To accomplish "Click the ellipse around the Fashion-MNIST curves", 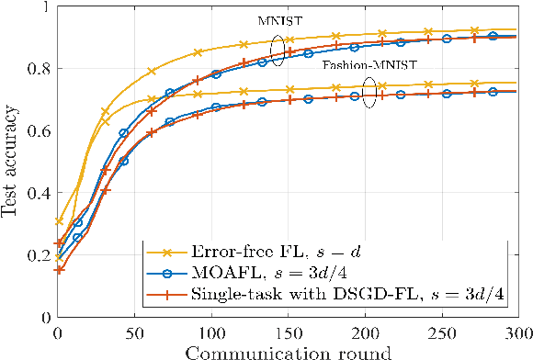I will [x=369, y=93].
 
